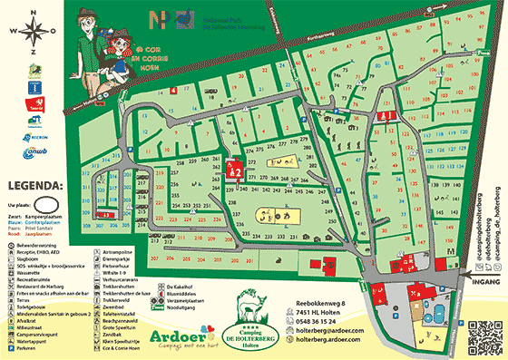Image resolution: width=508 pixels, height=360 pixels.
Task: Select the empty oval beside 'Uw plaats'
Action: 55,202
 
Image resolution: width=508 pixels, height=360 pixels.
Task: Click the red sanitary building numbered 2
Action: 232,168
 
